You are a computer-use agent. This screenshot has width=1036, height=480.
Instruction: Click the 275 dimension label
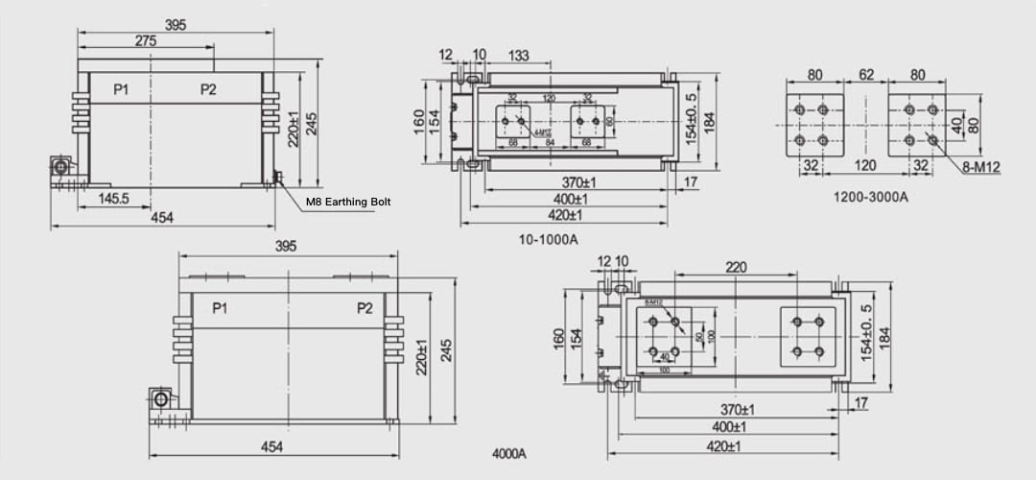point(146,41)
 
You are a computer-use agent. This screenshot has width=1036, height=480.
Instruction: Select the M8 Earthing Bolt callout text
point(350,203)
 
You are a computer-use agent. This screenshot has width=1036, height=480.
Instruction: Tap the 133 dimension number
point(519,56)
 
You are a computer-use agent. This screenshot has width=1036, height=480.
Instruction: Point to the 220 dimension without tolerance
point(736,268)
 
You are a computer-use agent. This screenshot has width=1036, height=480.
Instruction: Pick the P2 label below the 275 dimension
point(208,89)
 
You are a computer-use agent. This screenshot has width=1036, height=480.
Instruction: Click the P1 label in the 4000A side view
point(220,308)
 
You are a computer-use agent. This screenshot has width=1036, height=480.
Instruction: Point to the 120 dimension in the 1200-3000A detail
point(866,165)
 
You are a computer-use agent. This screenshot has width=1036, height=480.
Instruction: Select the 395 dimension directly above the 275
point(176,25)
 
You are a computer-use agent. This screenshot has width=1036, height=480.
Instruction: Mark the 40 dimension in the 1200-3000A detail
point(958,124)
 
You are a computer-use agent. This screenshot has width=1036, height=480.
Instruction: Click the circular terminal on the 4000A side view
point(161,398)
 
